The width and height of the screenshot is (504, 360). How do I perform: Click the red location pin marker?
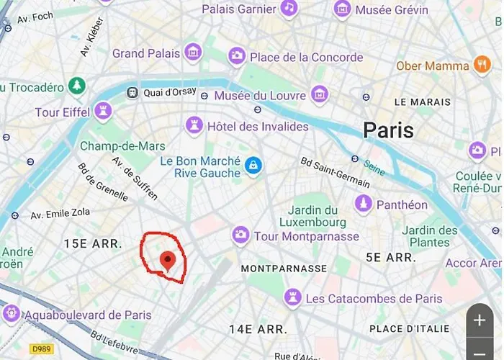pyautogui.click(x=168, y=260)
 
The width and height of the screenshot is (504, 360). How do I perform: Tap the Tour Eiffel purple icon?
pyautogui.click(x=104, y=112)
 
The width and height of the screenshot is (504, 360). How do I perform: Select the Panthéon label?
pyautogui.click(x=402, y=204)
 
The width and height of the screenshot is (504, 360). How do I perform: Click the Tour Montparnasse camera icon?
pyautogui.click(x=240, y=235)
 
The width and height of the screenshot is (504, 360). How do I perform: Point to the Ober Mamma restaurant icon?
pyautogui.click(x=482, y=66)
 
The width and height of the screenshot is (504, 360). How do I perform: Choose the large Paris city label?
pyautogui.click(x=388, y=130)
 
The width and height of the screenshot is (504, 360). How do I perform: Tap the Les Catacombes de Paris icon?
pyautogui.click(x=292, y=297)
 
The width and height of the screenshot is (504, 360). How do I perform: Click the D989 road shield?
pyautogui.click(x=42, y=348)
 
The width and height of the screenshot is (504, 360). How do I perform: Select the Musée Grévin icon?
pyautogui.click(x=343, y=9)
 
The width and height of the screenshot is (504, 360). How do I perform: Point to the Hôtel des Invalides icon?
pyautogui.click(x=194, y=126)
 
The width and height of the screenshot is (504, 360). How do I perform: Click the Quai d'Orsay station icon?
pyautogui.click(x=132, y=92)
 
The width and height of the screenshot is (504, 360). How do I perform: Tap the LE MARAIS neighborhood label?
pyautogui.click(x=423, y=102)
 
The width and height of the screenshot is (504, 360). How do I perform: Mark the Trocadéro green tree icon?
pyautogui.click(x=77, y=87)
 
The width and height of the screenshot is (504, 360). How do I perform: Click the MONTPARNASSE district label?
pyautogui.click(x=284, y=269)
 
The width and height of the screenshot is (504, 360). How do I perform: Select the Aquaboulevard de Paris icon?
pyautogui.click(x=11, y=314)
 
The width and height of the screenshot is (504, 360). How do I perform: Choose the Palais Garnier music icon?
pyautogui.click(x=289, y=8)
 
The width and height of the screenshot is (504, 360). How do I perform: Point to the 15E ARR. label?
pyautogui.click(x=93, y=243)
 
